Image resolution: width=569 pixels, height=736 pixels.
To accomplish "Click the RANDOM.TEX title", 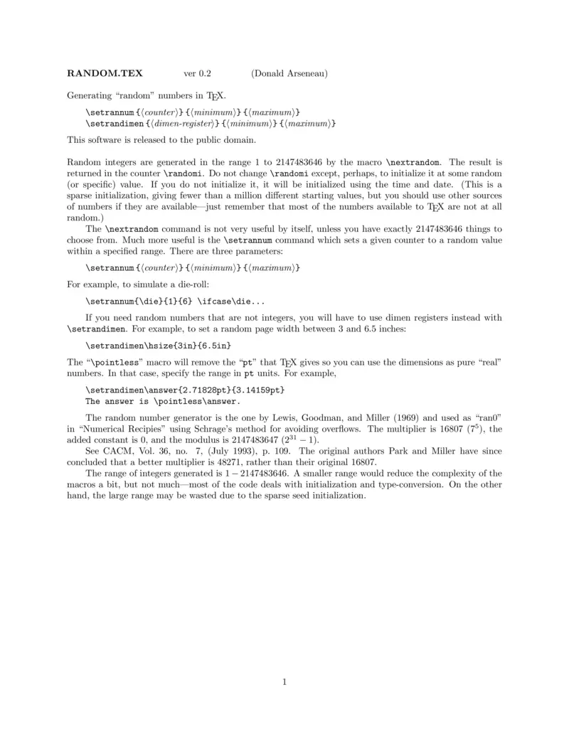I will click(x=105, y=73).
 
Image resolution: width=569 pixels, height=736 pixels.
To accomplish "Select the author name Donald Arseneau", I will click(x=289, y=73).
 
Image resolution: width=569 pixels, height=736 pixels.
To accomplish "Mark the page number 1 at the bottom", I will click(x=284, y=683).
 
